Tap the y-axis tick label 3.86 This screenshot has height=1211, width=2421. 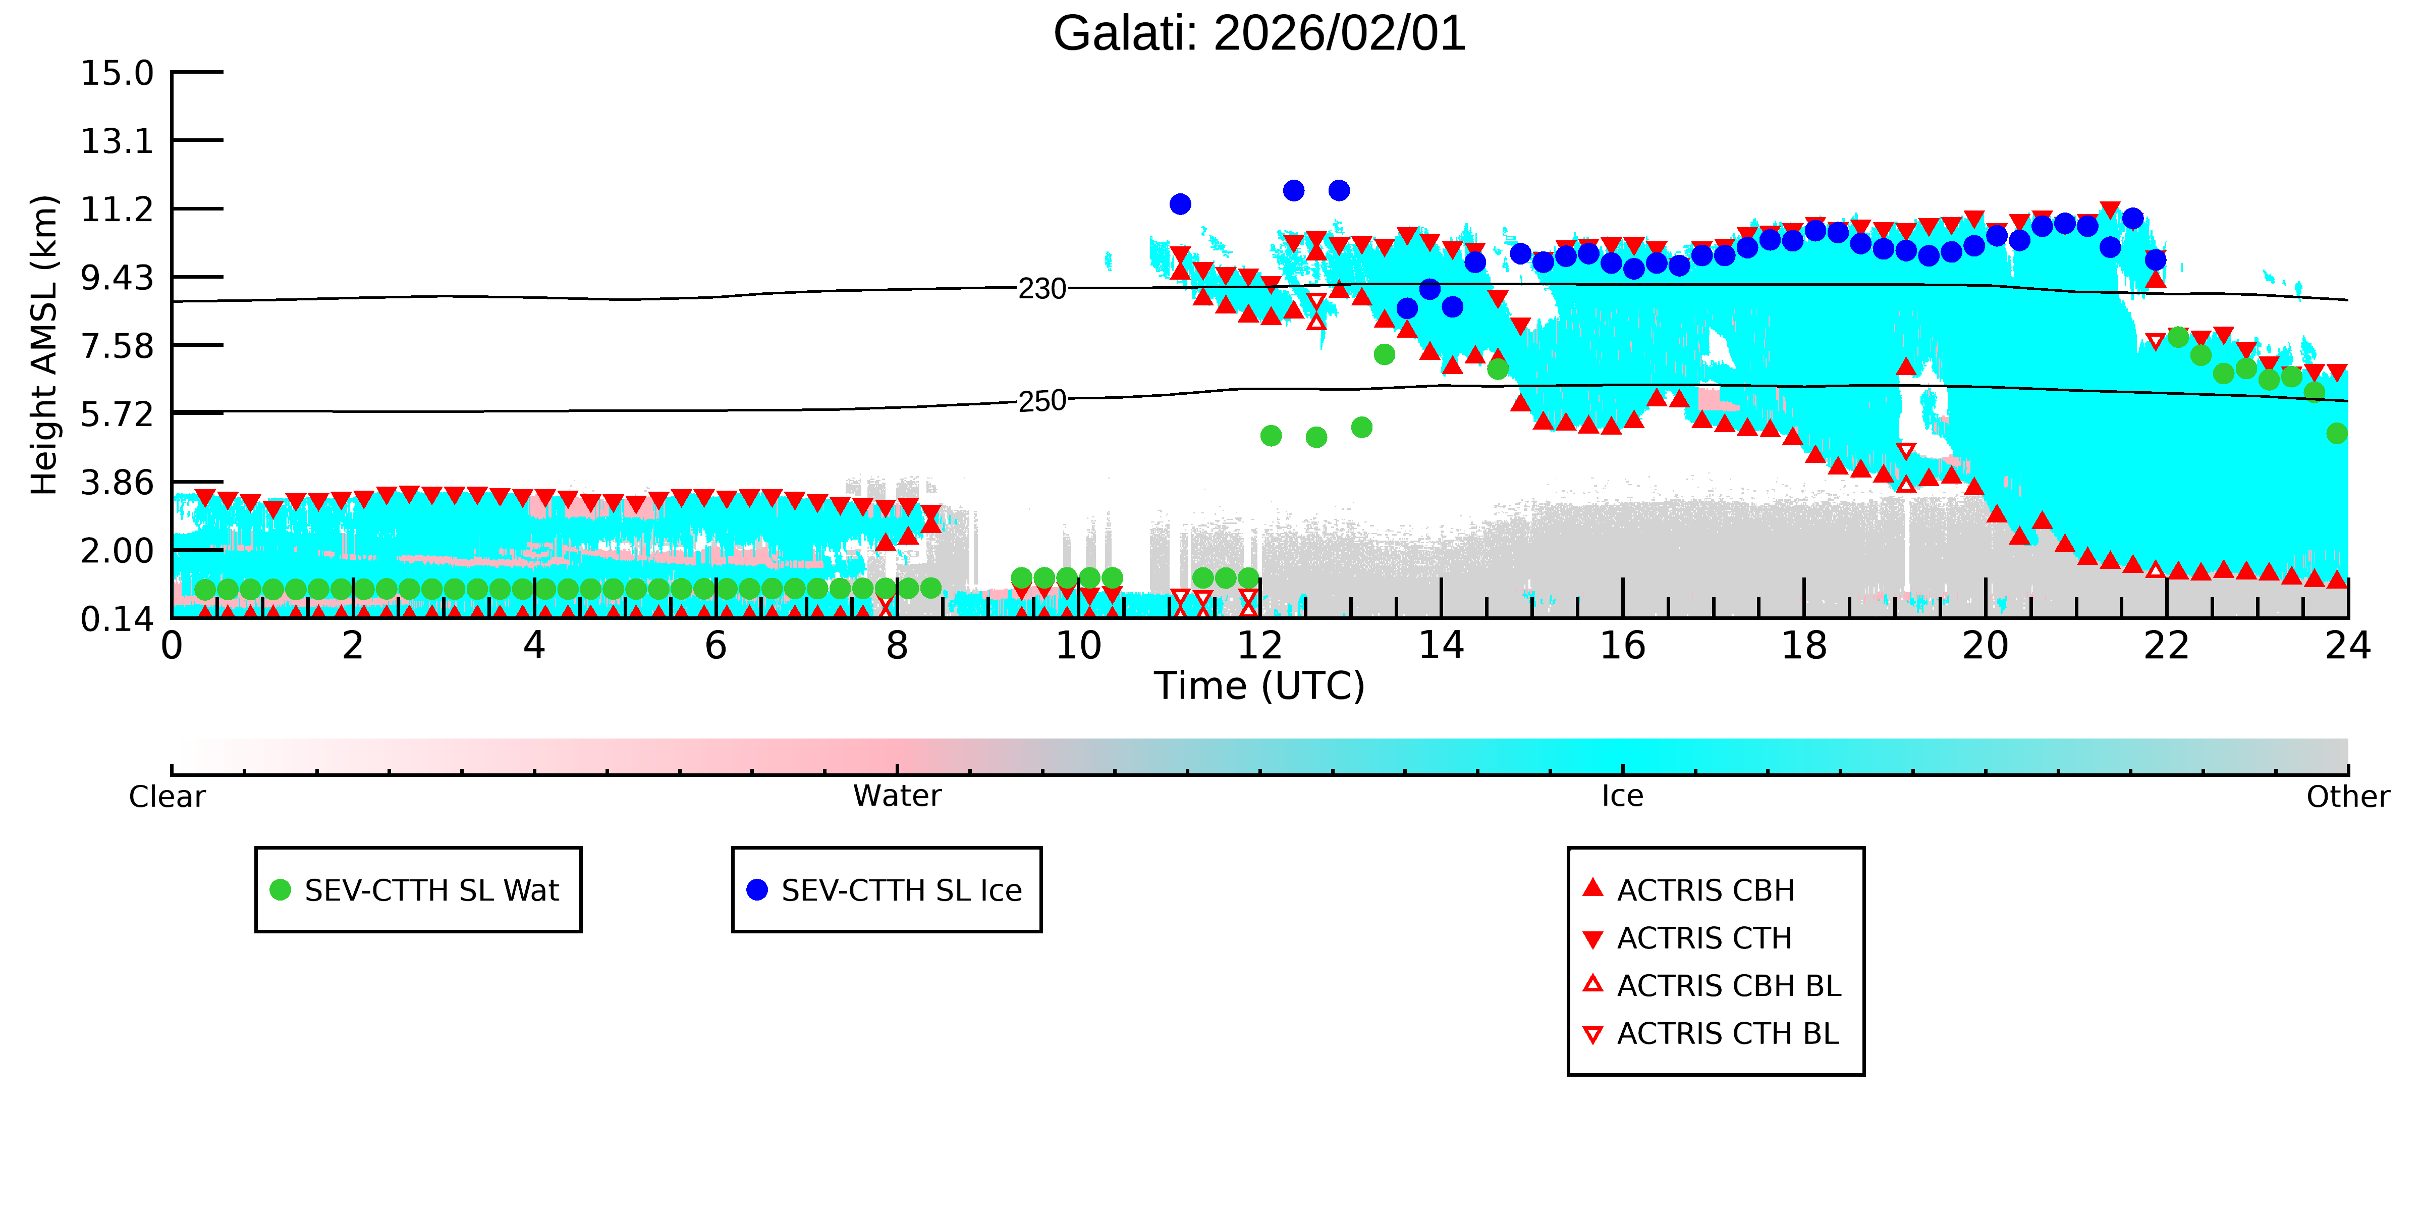coord(118,483)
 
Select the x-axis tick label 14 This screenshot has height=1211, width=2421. coord(1441,646)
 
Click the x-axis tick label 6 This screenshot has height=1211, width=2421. coord(715,646)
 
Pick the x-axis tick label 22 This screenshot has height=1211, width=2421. coord(2166,646)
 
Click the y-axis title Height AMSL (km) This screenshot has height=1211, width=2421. coord(45,345)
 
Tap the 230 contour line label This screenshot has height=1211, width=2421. coord(1042,289)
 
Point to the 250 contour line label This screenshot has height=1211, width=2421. coord(1042,401)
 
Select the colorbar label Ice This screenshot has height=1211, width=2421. coord(1622,797)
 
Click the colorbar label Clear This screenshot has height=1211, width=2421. coord(168,797)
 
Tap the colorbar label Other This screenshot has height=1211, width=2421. coord(2348,797)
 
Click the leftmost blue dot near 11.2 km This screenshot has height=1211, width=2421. coord(1180,204)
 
